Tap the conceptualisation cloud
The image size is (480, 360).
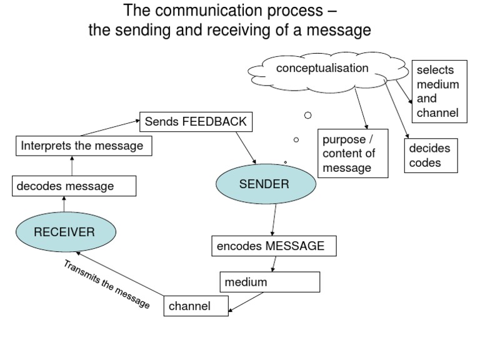click(x=322, y=69)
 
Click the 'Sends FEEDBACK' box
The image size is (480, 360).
click(x=196, y=122)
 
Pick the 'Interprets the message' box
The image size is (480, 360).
click(x=82, y=146)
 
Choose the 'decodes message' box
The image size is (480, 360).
click(x=74, y=186)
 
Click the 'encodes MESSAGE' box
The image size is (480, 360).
click(x=273, y=246)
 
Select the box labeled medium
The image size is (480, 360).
click(x=269, y=282)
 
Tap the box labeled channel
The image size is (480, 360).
click(x=196, y=306)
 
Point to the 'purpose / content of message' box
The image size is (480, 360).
click(x=352, y=153)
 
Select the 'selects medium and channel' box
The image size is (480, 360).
click(x=439, y=91)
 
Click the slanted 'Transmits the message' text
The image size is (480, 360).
click(x=107, y=284)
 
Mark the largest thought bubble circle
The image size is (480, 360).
click(x=307, y=115)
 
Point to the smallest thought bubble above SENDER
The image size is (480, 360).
click(x=286, y=162)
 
